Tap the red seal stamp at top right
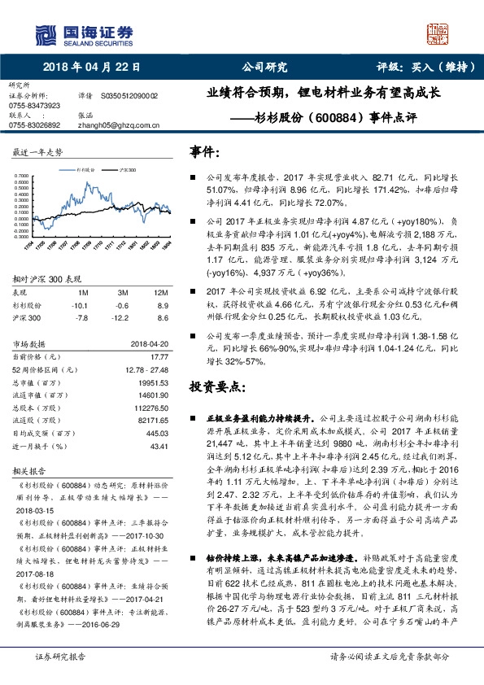click(439, 34)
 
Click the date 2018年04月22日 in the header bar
click(89, 68)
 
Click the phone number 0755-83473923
click(34, 106)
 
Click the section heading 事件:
click(204, 151)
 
